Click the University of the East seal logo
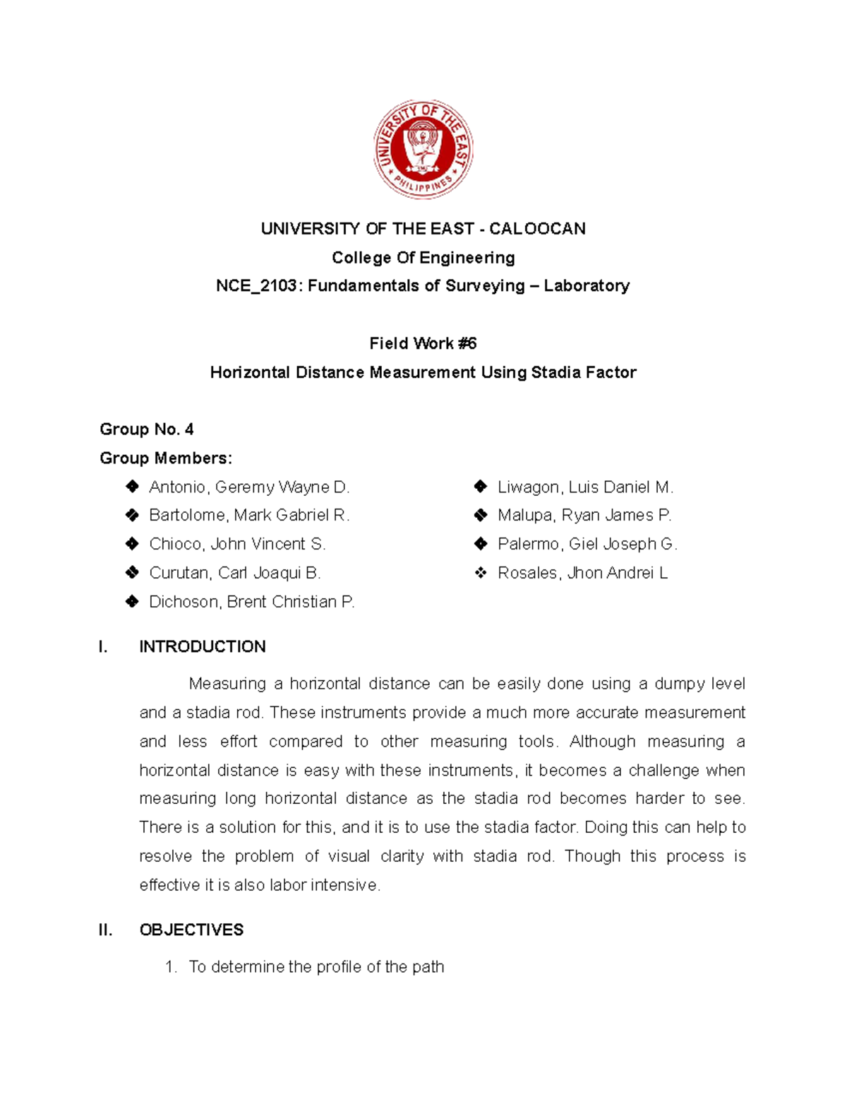(423, 149)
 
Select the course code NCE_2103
(256, 286)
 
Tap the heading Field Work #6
(423, 344)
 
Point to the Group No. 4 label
(147, 429)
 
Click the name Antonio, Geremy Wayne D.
(249, 487)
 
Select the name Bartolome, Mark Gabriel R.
(249, 516)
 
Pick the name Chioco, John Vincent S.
(237, 545)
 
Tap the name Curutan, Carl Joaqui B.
(235, 573)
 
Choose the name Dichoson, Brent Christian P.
(252, 602)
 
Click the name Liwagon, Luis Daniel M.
(585, 487)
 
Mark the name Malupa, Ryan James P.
(584, 516)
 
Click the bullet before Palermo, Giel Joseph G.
(481, 544)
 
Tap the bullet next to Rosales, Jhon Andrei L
(481, 573)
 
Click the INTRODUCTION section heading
(203, 647)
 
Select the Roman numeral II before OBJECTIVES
(106, 930)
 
